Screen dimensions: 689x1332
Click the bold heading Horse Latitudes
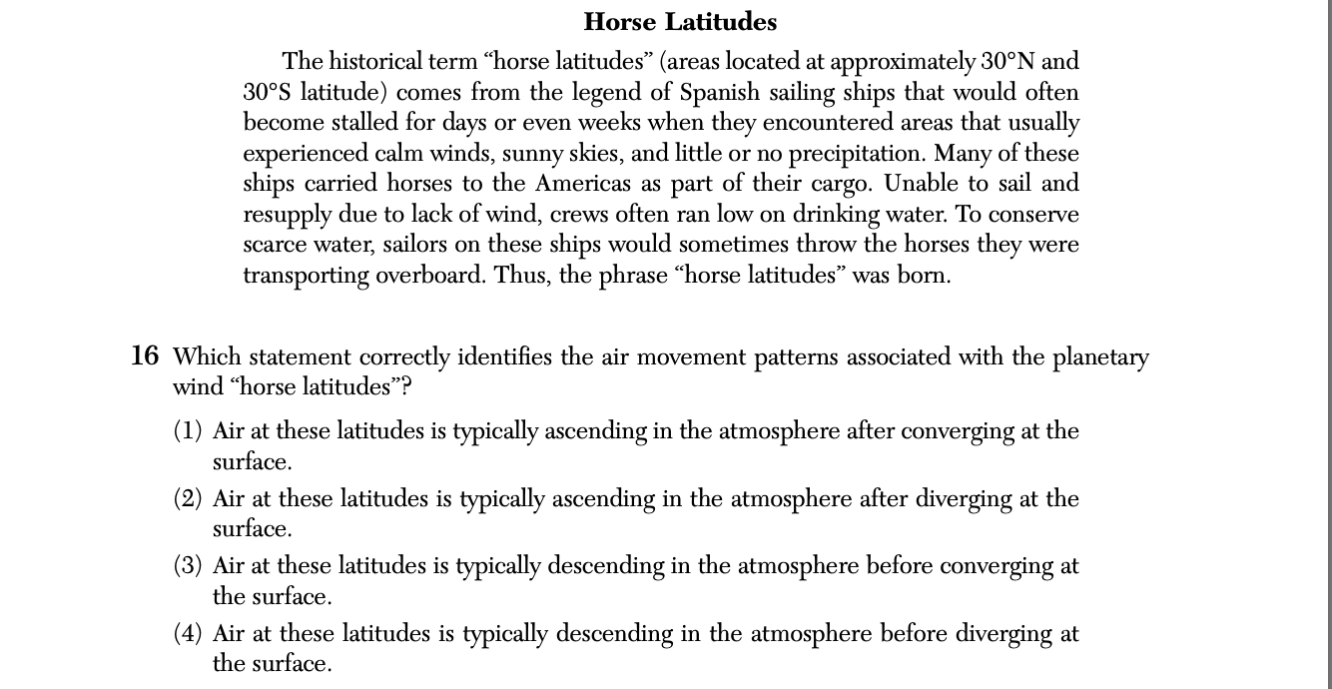tap(680, 22)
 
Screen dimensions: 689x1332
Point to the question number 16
tap(144, 355)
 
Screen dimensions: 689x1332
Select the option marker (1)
tap(188, 431)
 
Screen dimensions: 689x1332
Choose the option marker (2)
tap(188, 498)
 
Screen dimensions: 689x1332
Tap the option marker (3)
tap(188, 566)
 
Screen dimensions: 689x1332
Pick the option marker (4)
tap(188, 633)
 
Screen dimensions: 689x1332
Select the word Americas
tap(583, 184)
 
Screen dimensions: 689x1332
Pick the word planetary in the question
tap(1100, 357)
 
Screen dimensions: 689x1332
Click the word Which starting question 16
tap(206, 356)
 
